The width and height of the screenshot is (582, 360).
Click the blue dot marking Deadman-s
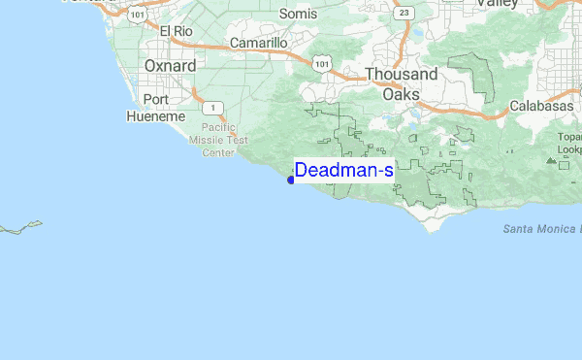tap(291, 179)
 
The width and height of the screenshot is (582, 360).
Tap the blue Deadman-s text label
tap(344, 171)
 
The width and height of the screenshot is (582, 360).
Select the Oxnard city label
tap(170, 66)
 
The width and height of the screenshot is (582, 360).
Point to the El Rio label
tap(177, 32)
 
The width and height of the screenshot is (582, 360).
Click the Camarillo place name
tap(258, 44)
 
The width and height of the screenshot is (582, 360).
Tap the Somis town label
tap(298, 14)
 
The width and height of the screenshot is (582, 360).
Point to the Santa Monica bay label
tap(541, 229)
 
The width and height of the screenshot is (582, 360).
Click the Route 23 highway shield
tap(404, 12)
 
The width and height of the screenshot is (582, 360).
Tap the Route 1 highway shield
tap(210, 109)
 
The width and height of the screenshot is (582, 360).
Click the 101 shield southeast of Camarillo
tap(319, 62)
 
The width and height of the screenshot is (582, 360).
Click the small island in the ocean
tap(21, 229)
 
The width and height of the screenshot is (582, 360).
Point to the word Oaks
tap(401, 94)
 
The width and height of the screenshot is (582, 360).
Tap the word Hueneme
tap(155, 116)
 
